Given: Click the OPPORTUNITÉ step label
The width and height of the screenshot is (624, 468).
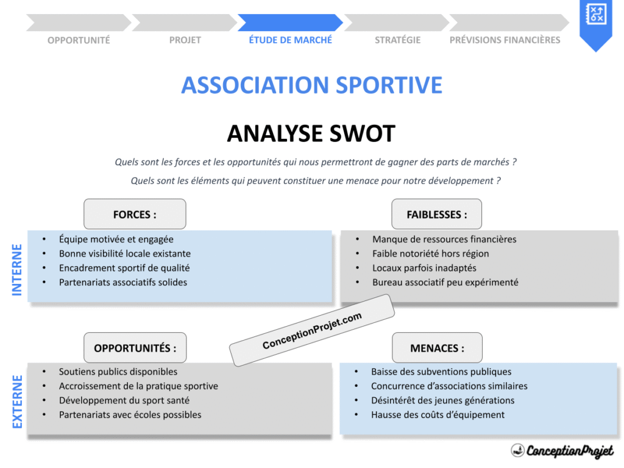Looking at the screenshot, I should point(79,40).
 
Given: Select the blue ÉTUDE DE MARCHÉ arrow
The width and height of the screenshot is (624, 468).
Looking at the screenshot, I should point(290,23).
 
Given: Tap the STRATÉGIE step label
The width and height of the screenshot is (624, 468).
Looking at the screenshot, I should point(397,40).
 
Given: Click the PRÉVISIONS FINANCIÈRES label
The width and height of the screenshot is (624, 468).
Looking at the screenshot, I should point(505,40).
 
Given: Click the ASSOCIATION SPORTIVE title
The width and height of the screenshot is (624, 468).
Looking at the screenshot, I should point(311,85).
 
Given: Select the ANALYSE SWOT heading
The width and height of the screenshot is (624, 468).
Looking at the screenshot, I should point(311,133).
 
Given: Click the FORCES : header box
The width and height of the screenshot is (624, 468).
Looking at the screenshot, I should point(135,214).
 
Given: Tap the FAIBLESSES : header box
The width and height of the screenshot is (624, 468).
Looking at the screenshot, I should point(436,214).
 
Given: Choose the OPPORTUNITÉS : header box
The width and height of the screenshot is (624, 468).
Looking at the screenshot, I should point(135,348).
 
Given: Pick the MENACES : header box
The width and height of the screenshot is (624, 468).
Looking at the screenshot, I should point(436,348).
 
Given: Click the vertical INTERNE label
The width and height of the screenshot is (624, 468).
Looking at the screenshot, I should point(17,269).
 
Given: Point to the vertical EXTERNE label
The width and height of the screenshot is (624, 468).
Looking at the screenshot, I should point(17,402).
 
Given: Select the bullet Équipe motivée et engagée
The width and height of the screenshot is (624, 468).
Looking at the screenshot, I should point(116,239).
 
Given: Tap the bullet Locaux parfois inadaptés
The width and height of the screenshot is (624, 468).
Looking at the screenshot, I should point(424,268).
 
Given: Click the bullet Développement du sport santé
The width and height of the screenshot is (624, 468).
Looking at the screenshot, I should point(124,400).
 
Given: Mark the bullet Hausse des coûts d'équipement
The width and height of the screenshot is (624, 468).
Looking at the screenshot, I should point(438,415).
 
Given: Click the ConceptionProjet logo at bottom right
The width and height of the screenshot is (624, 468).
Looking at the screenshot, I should point(562,451).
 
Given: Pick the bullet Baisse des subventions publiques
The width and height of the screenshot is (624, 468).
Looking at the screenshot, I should point(441,372).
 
